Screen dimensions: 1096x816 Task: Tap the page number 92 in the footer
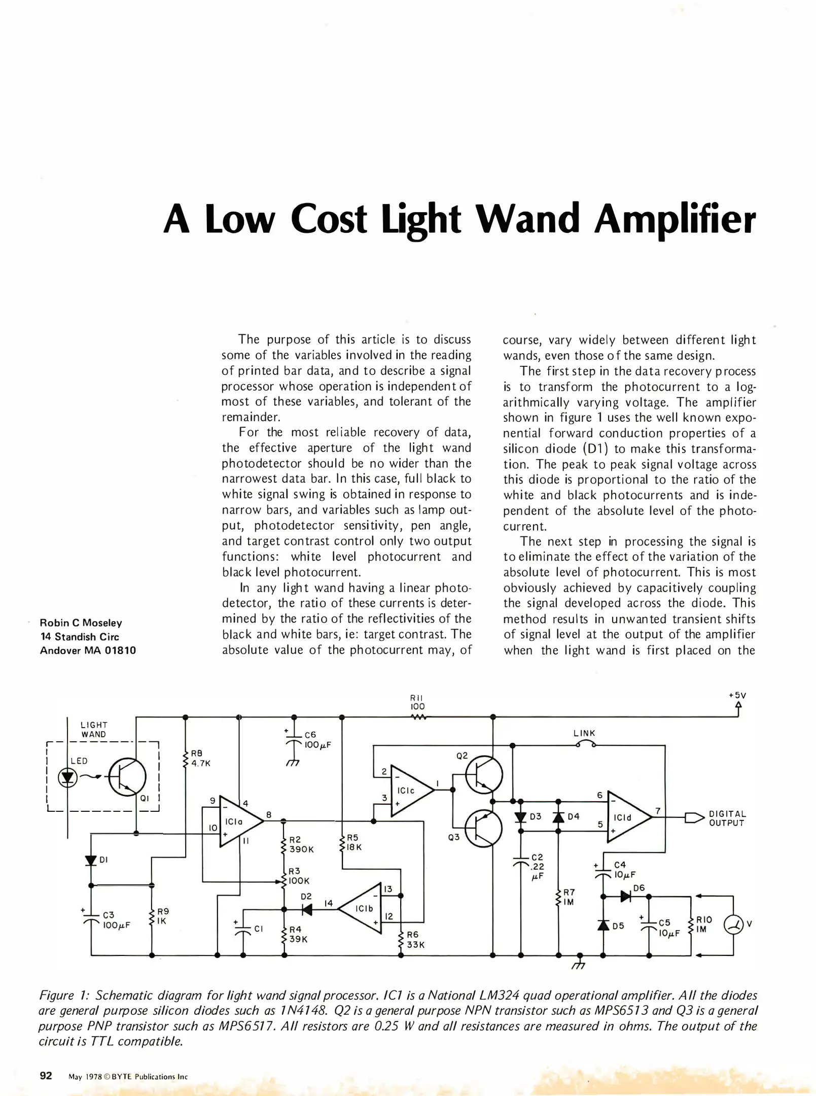(x=46, y=1075)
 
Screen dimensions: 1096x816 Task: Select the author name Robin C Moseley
(x=81, y=623)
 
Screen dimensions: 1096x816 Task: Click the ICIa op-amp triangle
(x=239, y=821)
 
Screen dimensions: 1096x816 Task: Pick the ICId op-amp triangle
(x=628, y=817)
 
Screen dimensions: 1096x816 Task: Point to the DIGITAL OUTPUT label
(x=727, y=818)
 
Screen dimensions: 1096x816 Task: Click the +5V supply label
(x=737, y=696)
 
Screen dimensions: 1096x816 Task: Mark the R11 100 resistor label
(x=417, y=702)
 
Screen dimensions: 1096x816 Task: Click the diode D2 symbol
(x=306, y=910)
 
